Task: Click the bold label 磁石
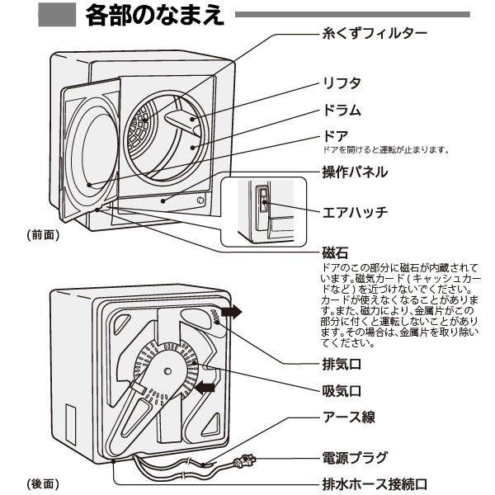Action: (334, 252)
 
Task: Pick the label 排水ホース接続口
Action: (379, 483)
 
